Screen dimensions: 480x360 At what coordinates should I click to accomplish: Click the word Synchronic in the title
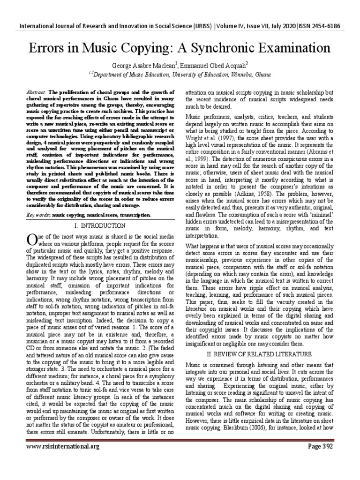click(220, 48)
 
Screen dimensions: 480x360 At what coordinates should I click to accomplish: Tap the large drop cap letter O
click(31, 240)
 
